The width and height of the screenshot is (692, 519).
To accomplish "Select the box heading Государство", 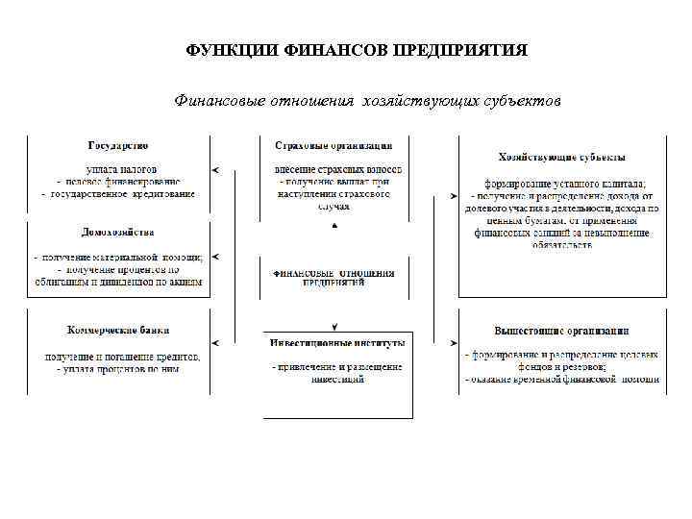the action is (x=117, y=146).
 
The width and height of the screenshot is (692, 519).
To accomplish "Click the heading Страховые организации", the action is (x=334, y=146).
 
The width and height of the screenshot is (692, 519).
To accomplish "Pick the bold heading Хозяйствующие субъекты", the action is (x=562, y=156).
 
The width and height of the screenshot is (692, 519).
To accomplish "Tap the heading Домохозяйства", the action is (x=117, y=233).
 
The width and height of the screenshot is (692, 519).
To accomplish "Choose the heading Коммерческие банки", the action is (x=117, y=329).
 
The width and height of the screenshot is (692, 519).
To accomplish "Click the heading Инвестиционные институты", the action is (x=336, y=341).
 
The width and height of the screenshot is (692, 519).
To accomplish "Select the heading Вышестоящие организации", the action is (x=562, y=330).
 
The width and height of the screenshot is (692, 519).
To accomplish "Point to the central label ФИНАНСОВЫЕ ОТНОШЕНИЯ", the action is (x=334, y=273).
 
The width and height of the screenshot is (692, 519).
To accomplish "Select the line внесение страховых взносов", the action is (x=337, y=169).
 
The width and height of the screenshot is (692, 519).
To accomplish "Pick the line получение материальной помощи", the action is (x=119, y=258).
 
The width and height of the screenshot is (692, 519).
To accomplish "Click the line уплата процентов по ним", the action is (x=119, y=369).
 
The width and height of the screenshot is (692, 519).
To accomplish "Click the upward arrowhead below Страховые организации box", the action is (x=334, y=225).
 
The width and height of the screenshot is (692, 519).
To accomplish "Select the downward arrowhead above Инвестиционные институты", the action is (x=334, y=327).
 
